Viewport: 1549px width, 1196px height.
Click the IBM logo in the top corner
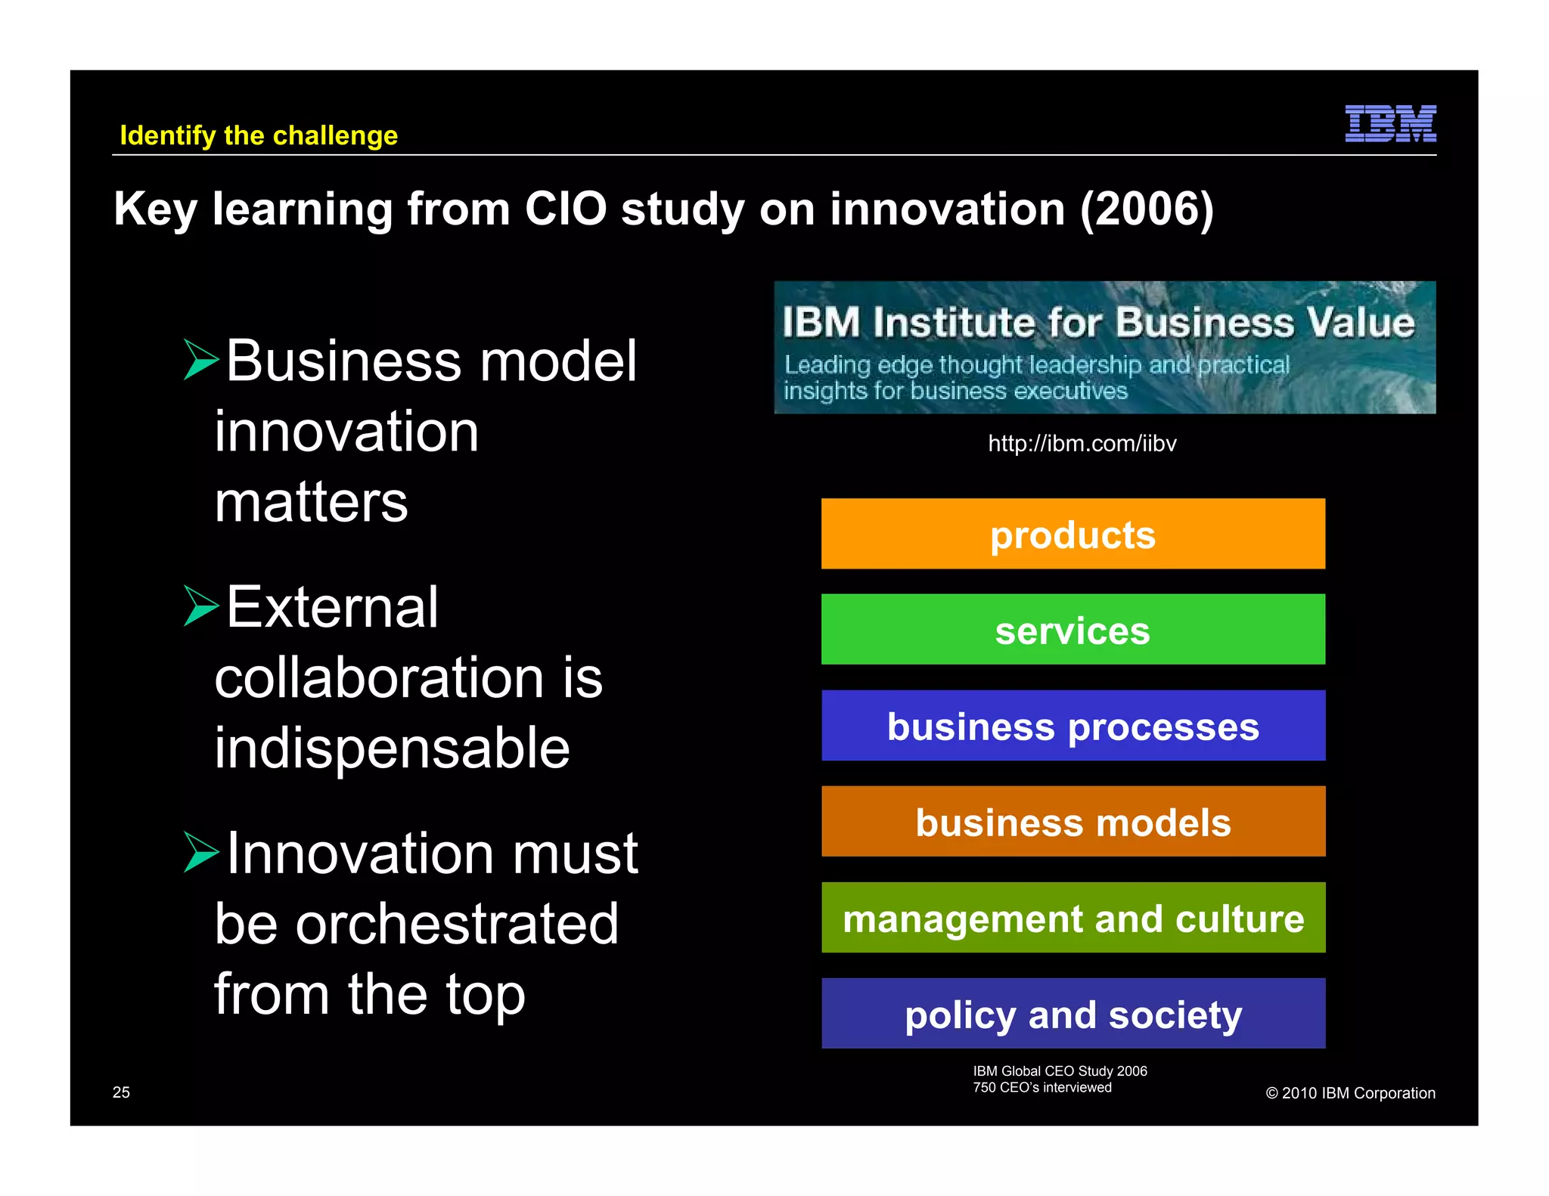click(1390, 123)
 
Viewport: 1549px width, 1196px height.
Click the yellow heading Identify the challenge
click(259, 135)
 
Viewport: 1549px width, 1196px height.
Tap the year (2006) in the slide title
click(1146, 209)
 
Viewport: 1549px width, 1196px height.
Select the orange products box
click(1073, 534)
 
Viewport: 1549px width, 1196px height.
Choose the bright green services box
click(1073, 629)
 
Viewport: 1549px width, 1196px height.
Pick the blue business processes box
click(1073, 726)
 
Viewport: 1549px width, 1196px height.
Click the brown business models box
click(1073, 822)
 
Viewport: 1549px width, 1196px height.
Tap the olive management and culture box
click(1073, 918)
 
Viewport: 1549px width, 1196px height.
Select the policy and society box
click(1073, 1014)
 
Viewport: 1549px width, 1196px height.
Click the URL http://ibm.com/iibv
click(1082, 443)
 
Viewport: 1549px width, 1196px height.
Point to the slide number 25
click(121, 1092)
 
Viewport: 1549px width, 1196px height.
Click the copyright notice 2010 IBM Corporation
click(1350, 1093)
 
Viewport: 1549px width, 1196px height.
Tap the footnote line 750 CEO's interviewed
click(1041, 1088)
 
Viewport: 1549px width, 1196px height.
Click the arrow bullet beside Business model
click(200, 360)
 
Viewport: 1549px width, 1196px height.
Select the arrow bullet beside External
click(200, 606)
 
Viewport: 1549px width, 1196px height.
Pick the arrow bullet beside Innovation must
click(200, 852)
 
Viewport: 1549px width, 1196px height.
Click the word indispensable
click(392, 748)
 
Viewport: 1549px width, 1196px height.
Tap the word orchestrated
click(457, 924)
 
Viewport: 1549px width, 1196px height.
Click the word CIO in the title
click(565, 209)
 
